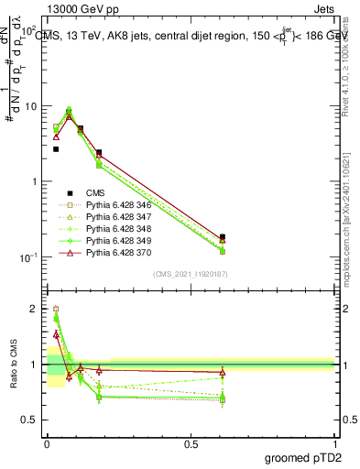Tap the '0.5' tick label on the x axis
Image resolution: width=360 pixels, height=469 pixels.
(x=191, y=442)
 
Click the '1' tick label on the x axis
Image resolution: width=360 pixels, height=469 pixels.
(x=335, y=442)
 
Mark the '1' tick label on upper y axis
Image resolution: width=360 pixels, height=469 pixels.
(x=34, y=181)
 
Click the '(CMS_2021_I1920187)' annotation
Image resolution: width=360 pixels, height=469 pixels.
(x=191, y=274)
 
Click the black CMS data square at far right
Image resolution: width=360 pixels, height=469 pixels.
(x=223, y=237)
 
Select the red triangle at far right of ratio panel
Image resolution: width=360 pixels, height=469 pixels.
(x=223, y=372)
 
